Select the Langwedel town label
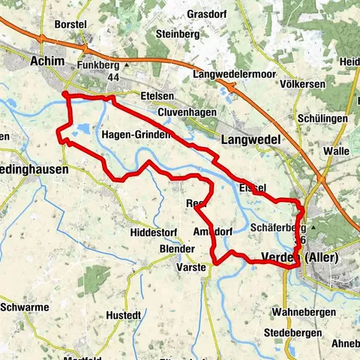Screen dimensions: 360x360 tap(251, 139)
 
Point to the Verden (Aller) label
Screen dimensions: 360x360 tap(300, 257)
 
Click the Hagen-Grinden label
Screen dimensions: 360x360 tap(136, 135)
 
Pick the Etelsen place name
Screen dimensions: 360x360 tap(157, 97)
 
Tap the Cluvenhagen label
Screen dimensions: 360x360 tap(187, 112)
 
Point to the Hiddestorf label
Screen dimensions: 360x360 tap(151, 232)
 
